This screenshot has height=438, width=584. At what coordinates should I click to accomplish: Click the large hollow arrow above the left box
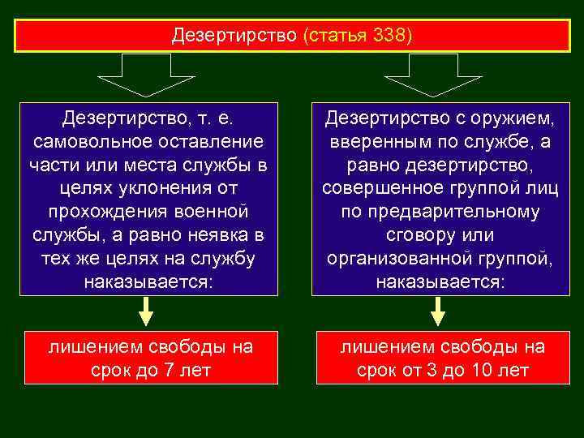click(146, 76)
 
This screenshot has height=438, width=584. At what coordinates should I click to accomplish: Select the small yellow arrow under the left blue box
click(146, 311)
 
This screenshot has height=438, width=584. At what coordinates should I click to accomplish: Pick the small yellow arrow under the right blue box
click(437, 311)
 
